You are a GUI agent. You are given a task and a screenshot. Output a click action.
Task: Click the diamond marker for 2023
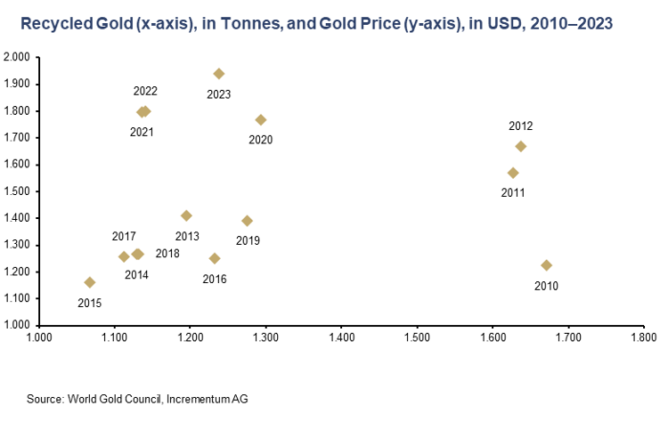coord(219,74)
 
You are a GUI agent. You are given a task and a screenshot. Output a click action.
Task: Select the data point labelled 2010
coord(546,265)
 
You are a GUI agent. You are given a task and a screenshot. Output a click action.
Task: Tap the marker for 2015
coord(90,282)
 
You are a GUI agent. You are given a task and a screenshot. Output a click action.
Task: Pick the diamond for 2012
coord(521,146)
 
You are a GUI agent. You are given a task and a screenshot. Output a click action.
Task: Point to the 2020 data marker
coord(261,119)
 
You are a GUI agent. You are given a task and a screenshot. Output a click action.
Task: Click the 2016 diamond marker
coord(215,258)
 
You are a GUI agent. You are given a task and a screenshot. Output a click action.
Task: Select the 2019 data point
coord(248,221)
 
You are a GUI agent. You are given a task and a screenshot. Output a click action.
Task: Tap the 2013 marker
coord(186,215)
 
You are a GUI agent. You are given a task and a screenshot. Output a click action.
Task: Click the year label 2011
coord(513,192)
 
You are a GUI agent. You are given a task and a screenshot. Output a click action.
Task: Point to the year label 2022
coord(145,91)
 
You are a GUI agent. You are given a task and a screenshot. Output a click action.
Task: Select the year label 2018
coord(167,254)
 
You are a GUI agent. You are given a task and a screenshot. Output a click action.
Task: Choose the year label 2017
coord(124,237)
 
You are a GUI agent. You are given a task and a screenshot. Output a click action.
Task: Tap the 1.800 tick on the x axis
coord(643,338)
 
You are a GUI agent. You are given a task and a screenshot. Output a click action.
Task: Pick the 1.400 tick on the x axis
coord(342,338)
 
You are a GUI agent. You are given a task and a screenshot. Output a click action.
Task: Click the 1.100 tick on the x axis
coord(115,338)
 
